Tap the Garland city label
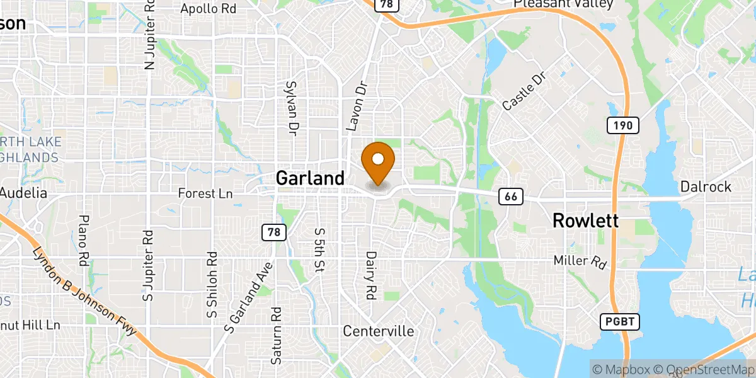(x=310, y=178)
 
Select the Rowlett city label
(x=585, y=220)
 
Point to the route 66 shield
(x=511, y=197)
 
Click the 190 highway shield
(x=623, y=125)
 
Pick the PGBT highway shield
(x=619, y=323)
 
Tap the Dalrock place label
(x=706, y=186)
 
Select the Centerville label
(x=378, y=331)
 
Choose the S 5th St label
(x=319, y=249)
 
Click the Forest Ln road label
(x=205, y=194)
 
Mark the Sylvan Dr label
(x=291, y=108)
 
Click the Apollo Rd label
(x=208, y=9)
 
